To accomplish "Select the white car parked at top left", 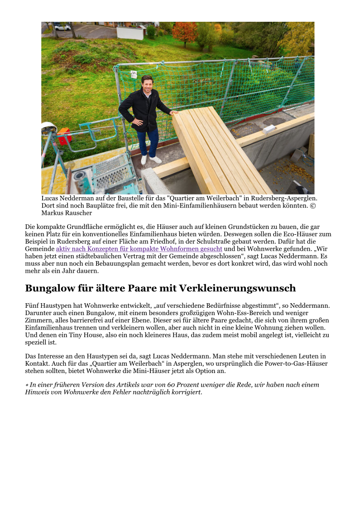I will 62,27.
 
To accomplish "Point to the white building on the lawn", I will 130,32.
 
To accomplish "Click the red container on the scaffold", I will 64,136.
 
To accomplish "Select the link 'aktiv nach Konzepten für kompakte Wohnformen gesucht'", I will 139,249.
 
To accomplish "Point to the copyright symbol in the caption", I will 312,206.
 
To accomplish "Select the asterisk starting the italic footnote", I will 27,385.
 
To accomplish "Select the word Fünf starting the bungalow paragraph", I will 32,306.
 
